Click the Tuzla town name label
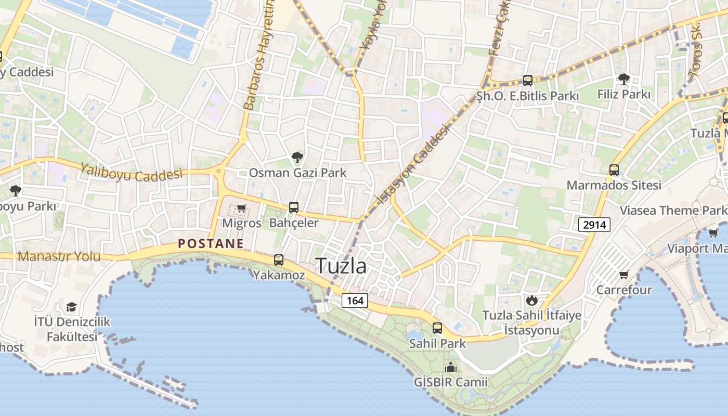(341, 266)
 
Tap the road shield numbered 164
(355, 301)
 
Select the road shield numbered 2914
(594, 225)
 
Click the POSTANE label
(211, 243)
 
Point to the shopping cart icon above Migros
(241, 209)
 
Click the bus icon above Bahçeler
(294, 207)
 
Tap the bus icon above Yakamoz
(279, 259)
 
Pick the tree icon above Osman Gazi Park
(297, 157)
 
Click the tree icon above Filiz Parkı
(623, 79)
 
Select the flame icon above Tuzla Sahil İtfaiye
(531, 300)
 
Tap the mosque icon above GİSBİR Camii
(451, 367)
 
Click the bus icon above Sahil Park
(437, 328)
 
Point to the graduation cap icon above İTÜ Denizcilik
(71, 307)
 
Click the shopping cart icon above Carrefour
(623, 275)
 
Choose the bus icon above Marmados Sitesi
(614, 170)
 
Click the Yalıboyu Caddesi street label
(131, 172)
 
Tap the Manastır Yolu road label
(59, 256)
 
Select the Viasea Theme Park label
(673, 210)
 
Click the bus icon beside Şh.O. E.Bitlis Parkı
(528, 81)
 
